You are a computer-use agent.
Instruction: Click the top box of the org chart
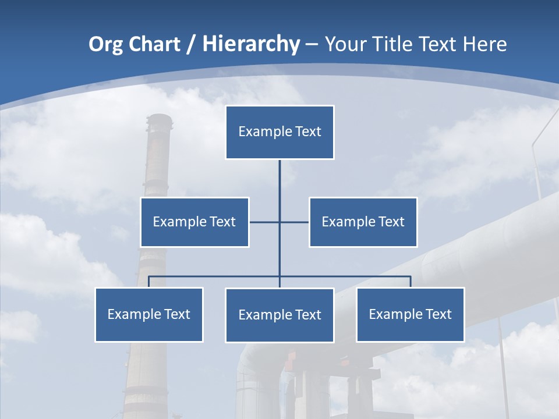pyautogui.click(x=279, y=132)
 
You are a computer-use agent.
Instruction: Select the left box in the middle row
pyautogui.click(x=194, y=222)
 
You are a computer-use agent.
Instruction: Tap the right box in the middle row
pyautogui.click(x=363, y=222)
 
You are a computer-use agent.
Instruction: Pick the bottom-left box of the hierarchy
pyautogui.click(x=149, y=314)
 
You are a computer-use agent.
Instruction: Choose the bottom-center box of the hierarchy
pyautogui.click(x=279, y=315)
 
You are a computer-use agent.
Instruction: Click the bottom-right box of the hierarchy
pyautogui.click(x=411, y=314)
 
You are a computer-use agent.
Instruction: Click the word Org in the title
pyautogui.click(x=105, y=44)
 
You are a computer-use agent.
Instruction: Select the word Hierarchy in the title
pyautogui.click(x=251, y=44)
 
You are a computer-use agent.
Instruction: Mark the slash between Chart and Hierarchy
pyautogui.click(x=192, y=44)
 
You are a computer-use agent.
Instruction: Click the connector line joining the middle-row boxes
pyautogui.click(x=294, y=222)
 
